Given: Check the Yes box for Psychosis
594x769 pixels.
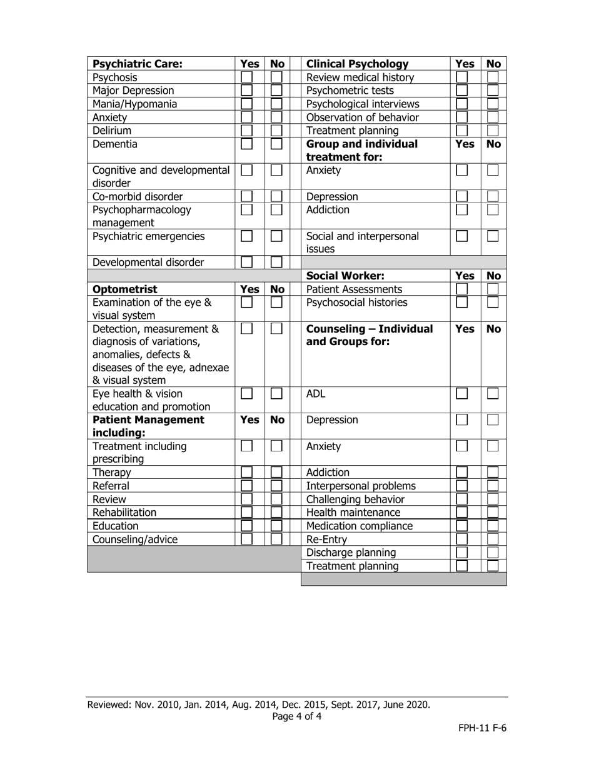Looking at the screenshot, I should point(247,78).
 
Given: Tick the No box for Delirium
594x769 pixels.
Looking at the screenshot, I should point(276,131).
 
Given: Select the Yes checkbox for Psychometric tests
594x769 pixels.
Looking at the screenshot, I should point(461,91).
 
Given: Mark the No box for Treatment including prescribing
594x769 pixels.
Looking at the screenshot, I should point(276,446).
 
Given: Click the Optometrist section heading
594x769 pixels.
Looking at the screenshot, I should point(125,289).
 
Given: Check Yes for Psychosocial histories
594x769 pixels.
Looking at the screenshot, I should point(461,303).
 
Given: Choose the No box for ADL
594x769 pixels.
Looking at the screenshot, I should point(493,394).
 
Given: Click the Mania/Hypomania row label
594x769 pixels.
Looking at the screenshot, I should point(134,104).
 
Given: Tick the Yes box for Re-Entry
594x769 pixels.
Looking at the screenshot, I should point(461,539).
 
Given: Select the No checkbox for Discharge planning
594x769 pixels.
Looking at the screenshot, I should point(493,553).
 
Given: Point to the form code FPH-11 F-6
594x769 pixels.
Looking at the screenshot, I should point(481,728).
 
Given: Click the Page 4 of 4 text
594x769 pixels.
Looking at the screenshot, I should point(297,716).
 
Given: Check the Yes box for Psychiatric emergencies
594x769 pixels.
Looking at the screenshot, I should point(247,236).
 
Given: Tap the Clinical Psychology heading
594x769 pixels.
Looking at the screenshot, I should point(357,64).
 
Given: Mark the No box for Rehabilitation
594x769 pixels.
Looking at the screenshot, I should point(276,513).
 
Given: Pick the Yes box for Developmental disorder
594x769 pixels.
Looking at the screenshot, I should point(247,263).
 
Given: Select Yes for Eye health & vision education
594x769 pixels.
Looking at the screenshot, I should point(247,394).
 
